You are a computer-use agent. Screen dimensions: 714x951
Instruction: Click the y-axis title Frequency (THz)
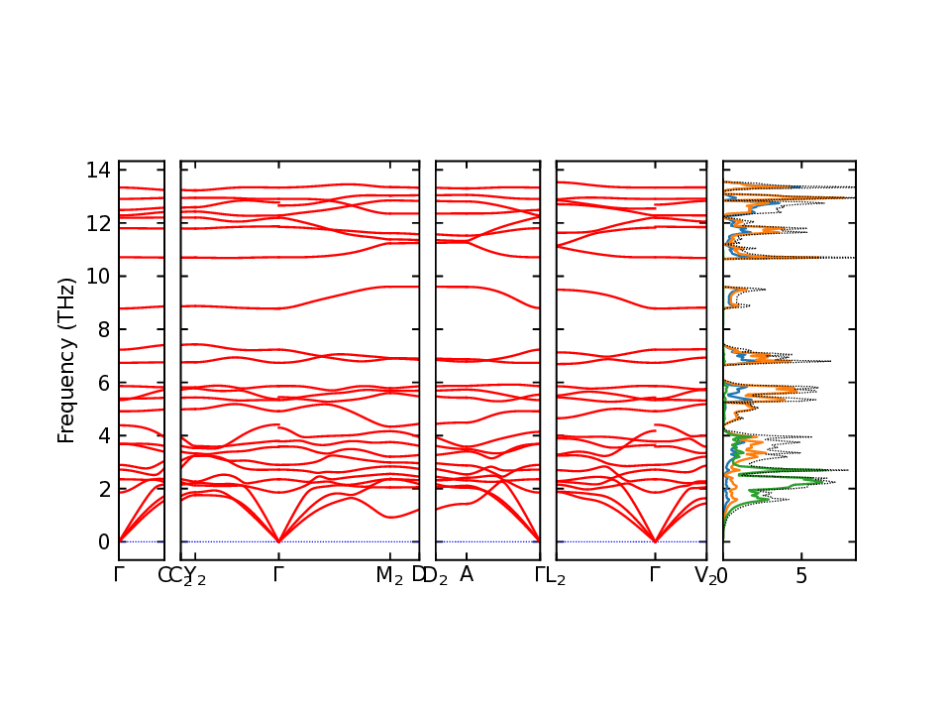(x=66, y=361)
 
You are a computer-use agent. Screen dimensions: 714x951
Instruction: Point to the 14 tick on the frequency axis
(x=98, y=170)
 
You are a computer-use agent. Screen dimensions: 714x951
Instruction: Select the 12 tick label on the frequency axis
(x=98, y=223)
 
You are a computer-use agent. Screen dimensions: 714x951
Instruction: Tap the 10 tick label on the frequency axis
(x=98, y=277)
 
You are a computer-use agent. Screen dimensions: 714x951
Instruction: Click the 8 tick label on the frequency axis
(x=103, y=329)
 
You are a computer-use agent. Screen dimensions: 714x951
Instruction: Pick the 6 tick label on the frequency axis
(x=103, y=383)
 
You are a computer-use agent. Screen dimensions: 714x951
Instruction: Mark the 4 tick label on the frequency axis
(x=103, y=435)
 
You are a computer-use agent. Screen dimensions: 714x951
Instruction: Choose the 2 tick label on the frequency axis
(x=103, y=489)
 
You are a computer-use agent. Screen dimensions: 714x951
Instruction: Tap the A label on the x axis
(x=466, y=574)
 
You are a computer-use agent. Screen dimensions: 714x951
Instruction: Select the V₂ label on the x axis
(x=705, y=575)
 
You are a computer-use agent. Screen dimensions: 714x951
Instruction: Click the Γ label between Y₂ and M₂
(x=278, y=574)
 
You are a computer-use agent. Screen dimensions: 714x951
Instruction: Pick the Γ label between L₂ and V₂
(x=655, y=574)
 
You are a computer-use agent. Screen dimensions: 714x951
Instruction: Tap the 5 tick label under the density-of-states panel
(x=801, y=575)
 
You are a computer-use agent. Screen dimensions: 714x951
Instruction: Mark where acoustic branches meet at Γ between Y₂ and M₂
(x=278, y=541)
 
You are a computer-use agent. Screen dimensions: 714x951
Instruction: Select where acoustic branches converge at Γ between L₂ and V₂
(x=655, y=541)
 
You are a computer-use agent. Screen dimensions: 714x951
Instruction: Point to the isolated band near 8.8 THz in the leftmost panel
(x=142, y=307)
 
